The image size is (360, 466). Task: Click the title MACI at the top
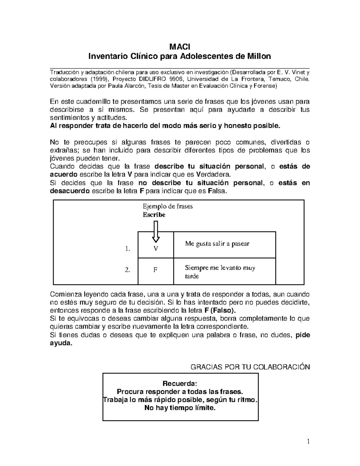[180, 47]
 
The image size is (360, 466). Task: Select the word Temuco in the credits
[279, 79]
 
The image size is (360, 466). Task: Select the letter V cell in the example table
[155, 248]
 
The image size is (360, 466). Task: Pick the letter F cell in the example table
[155, 270]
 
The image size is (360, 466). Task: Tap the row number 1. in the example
[127, 248]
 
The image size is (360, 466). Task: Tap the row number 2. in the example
[127, 270]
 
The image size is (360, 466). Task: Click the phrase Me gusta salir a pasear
[217, 244]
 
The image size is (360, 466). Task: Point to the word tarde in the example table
[192, 276]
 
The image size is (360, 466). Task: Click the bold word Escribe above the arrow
[154, 215]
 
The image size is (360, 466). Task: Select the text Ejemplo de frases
[168, 206]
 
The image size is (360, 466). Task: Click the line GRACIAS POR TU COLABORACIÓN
[250, 367]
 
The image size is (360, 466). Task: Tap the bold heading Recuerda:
[180, 383]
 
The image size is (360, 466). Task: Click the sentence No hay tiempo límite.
[180, 408]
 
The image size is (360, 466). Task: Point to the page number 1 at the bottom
[308, 442]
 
